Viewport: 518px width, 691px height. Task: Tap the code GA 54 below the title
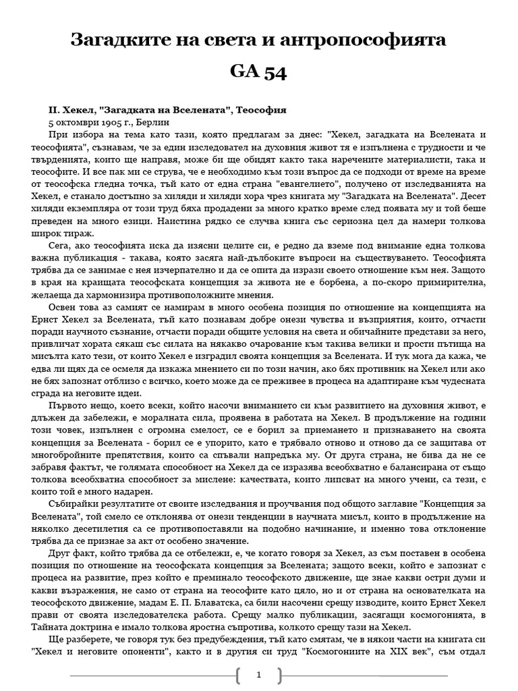pyautogui.click(x=259, y=73)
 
